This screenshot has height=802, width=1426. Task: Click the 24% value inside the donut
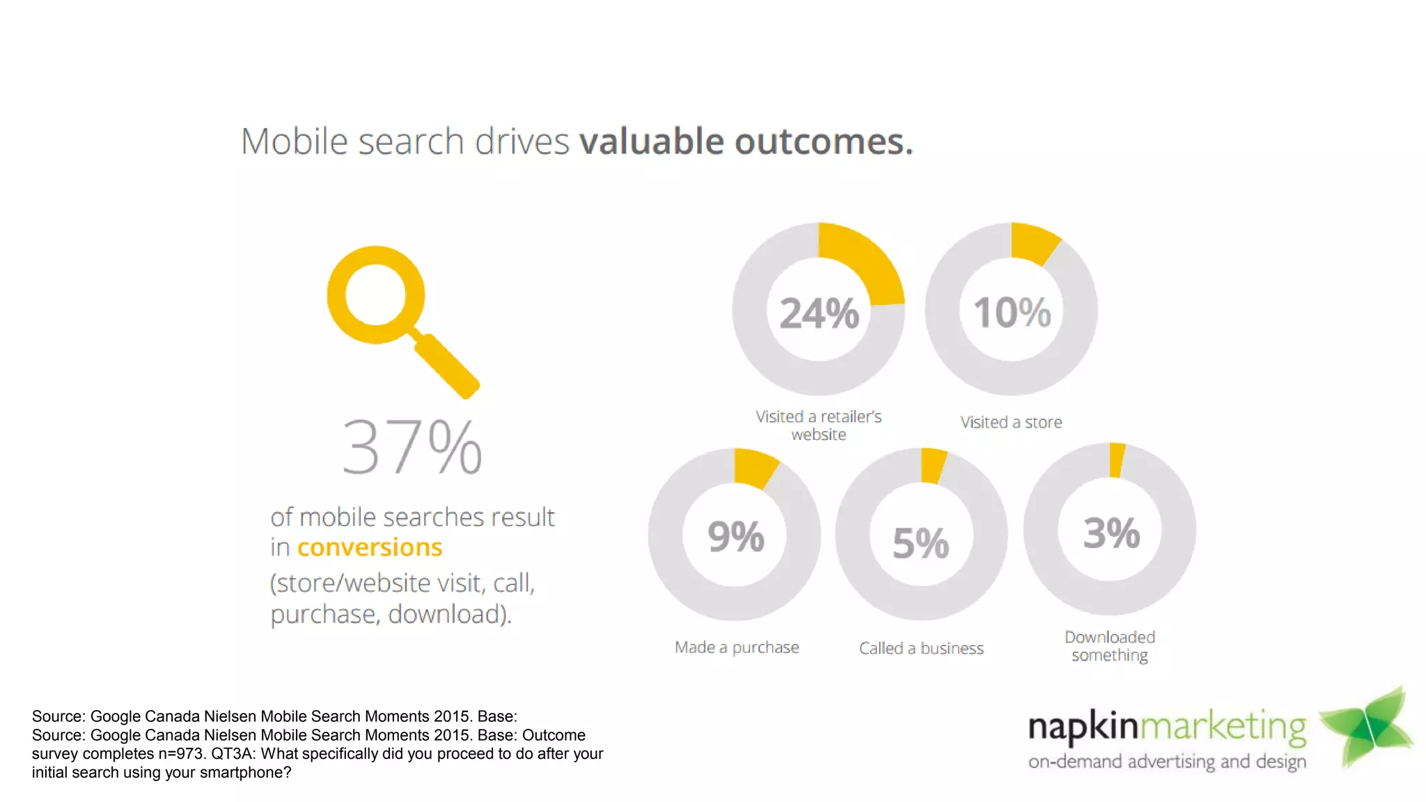coord(819,313)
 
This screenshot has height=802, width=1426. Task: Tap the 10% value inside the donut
coord(1012,312)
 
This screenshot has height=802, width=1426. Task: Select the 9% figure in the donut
coord(735,536)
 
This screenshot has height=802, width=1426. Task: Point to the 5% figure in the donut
coord(920,543)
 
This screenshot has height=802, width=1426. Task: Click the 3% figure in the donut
coord(1111,533)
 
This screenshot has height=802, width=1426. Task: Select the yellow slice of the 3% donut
coord(1116,460)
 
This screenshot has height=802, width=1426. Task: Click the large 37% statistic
coord(412,447)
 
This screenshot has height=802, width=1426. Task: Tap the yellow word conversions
coord(370,548)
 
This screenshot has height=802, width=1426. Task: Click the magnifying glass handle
coord(446,365)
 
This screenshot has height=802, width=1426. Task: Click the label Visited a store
coord(1011,422)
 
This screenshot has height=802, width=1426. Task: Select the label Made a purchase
coord(737,647)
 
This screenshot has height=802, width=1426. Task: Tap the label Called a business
coord(921,648)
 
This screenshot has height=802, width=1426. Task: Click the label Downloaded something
coord(1110,646)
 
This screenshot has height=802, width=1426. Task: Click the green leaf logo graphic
coord(1366,727)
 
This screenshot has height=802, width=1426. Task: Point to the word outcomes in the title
coord(823,142)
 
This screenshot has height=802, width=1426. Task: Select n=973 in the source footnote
coord(182,754)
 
